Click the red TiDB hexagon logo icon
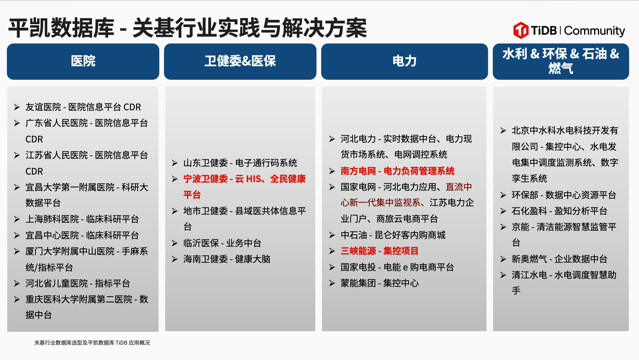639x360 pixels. [521, 30]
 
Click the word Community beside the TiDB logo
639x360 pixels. [595, 31]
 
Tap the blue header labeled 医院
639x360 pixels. [83, 62]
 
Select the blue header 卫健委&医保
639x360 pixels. [240, 62]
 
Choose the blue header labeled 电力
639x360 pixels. [404, 62]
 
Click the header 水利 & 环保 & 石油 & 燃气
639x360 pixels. [561, 62]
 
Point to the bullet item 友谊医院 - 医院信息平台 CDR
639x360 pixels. [83, 107]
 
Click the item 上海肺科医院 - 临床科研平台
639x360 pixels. [82, 219]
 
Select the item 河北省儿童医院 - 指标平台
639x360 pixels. [77, 283]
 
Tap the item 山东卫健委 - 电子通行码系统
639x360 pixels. [240, 163]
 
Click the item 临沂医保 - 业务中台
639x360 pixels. [222, 243]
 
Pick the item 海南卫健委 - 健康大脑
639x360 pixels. [227, 259]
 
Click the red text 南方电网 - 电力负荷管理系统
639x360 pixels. [398, 171]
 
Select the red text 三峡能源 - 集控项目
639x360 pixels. [380, 251]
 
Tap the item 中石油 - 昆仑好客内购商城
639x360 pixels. [393, 235]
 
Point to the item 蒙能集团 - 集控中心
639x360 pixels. [380, 283]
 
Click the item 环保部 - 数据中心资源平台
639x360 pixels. [564, 195]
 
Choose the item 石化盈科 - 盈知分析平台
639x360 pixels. [559, 211]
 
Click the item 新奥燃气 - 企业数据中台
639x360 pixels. [559, 259]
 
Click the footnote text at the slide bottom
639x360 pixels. [92, 343]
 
